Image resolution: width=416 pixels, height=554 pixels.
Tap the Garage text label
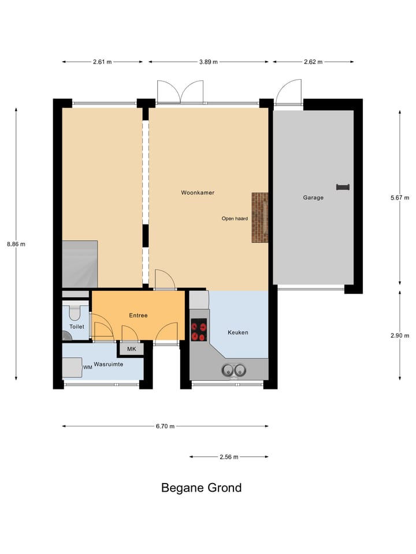coord(313,197)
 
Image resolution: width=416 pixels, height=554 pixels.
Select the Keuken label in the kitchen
coord(237,332)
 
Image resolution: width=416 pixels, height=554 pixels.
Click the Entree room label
coord(138,315)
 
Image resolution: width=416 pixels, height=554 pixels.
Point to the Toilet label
coord(76,327)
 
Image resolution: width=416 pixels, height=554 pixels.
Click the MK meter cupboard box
coord(131,349)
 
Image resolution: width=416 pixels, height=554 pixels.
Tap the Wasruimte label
coord(109,365)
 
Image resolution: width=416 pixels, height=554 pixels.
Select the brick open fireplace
coord(260,218)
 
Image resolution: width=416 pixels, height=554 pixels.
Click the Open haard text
coord(235,219)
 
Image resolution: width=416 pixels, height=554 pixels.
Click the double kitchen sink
coord(234,370)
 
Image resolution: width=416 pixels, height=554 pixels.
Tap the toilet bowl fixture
coord(75,313)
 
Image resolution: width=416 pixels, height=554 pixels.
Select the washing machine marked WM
coord(73,367)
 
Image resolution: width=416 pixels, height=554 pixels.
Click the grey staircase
coord(80,264)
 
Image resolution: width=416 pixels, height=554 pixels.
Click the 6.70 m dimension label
coord(165,426)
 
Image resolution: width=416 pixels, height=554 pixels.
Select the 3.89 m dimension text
coord(209,62)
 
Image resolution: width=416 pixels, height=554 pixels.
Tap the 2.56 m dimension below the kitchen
coord(229,457)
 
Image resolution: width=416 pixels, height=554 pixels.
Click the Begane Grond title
coord(201,488)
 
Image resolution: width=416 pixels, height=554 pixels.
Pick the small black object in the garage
coord(343,186)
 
